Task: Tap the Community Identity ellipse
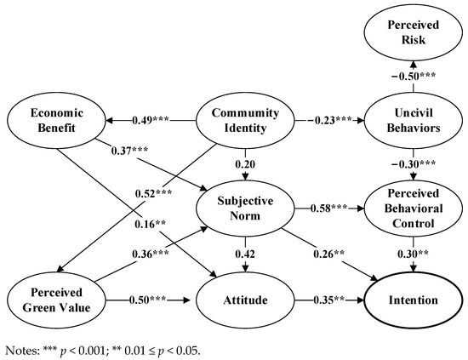247,128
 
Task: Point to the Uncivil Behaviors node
414,128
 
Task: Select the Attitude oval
247,300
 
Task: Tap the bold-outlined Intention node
414,300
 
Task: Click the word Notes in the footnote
23,348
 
